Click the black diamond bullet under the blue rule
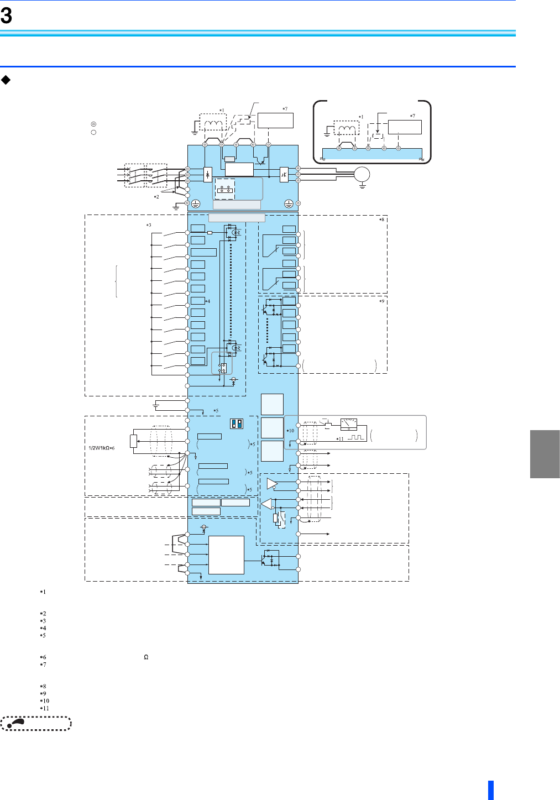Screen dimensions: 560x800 pos(6,80)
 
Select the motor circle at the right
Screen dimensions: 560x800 pos(362,175)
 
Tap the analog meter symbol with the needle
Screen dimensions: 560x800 pos(349,424)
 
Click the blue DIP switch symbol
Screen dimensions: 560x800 pos(237,423)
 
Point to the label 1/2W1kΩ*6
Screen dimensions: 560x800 pos(101,448)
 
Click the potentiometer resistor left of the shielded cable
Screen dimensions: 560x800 pos(134,441)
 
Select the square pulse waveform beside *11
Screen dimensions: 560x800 pos(355,437)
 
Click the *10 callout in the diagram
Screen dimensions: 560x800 pos(290,431)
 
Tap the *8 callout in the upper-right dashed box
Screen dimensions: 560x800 pos(382,219)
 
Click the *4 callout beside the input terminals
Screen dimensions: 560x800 pos(207,301)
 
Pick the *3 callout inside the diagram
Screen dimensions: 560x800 pos(149,225)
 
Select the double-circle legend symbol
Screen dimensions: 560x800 pos(93,124)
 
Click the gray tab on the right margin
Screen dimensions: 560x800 pos(545,454)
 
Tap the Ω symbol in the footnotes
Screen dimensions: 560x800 pos(146,657)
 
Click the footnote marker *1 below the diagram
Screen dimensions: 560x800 pos(43,592)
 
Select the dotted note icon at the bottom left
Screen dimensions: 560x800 pos(36,723)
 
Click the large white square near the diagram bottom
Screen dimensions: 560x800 pos(227,555)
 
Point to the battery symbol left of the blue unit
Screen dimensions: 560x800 pos(156,405)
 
